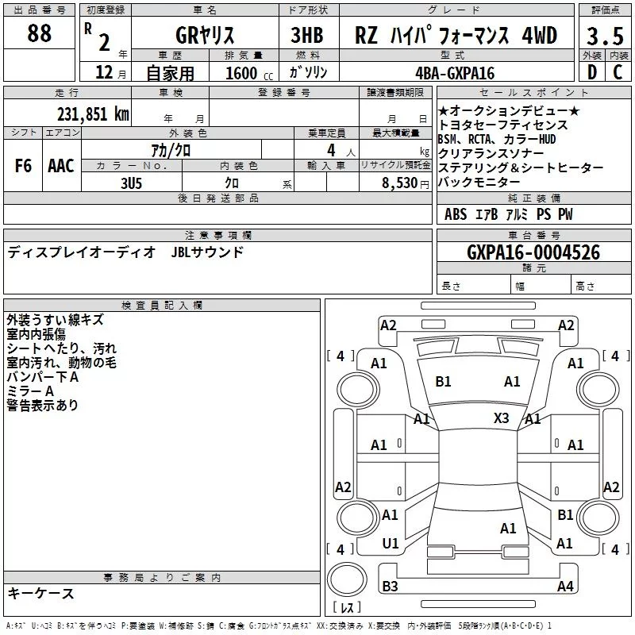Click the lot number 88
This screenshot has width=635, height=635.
pyautogui.click(x=39, y=33)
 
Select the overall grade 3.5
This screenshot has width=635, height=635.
pyautogui.click(x=605, y=36)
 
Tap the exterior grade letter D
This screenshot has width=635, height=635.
pyautogui.click(x=592, y=72)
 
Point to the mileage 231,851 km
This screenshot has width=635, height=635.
pyautogui.click(x=93, y=114)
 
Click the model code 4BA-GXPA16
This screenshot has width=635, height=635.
pyautogui.click(x=455, y=73)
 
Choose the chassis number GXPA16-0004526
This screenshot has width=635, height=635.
pyautogui.click(x=533, y=252)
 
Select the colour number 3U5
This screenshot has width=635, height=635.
pyautogui.click(x=131, y=183)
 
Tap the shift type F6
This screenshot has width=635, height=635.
pyautogui.click(x=23, y=166)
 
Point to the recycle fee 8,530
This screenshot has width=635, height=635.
pyautogui.click(x=400, y=183)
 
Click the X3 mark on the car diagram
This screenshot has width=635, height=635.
pyautogui.click(x=501, y=418)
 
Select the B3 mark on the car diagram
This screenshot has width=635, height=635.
pyautogui.click(x=390, y=586)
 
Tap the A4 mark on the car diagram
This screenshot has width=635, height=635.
pyautogui.click(x=565, y=586)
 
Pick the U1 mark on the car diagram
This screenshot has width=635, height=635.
pyautogui.click(x=391, y=544)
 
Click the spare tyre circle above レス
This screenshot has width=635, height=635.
pyautogui.click(x=347, y=579)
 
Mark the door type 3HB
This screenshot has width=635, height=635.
pyautogui.click(x=307, y=35)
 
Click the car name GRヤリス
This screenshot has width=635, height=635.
pyautogui.click(x=205, y=35)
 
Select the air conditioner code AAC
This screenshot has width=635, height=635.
pyautogui.click(x=61, y=166)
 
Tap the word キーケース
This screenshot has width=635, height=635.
pyautogui.click(x=41, y=593)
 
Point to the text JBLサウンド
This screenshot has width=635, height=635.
pyautogui.click(x=207, y=252)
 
